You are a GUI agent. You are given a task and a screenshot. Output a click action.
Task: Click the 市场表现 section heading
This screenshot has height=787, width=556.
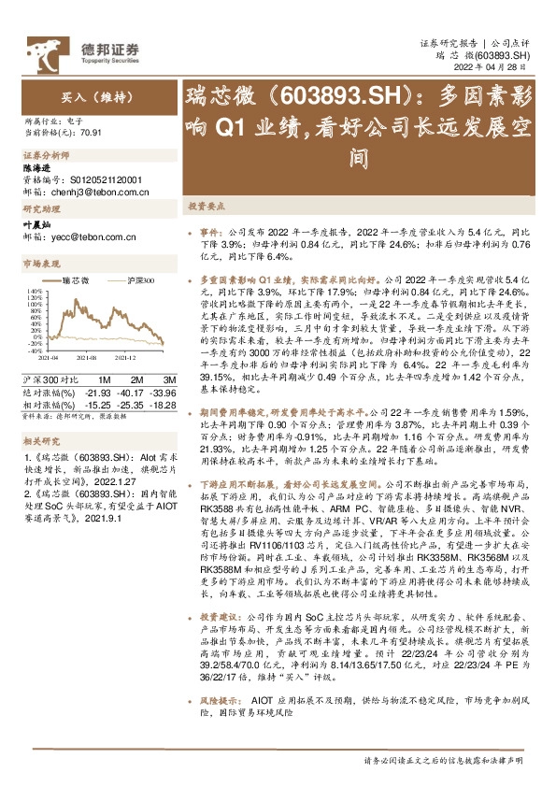click(x=41, y=265)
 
